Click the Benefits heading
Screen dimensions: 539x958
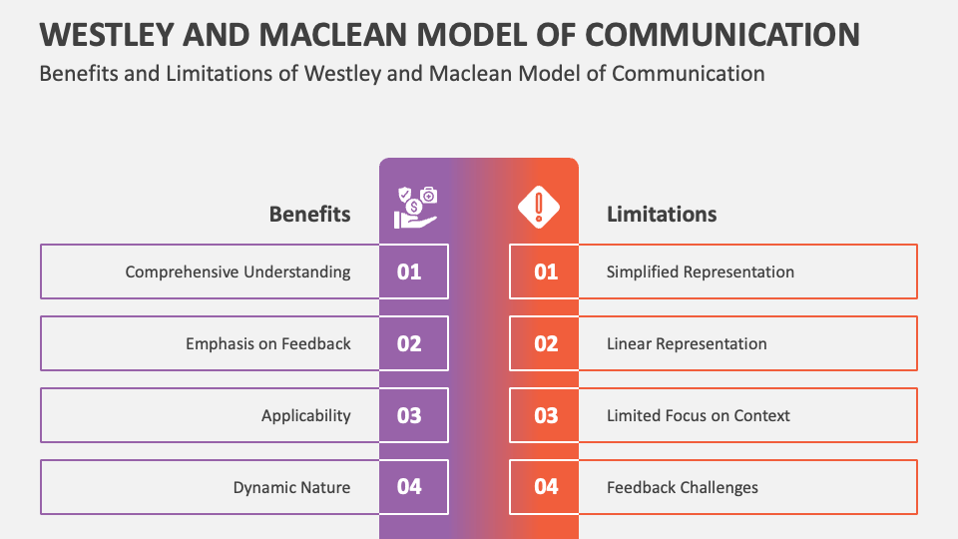309,214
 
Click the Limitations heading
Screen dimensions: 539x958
662,214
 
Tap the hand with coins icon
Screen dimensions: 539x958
415,207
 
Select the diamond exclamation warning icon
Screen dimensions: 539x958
539,207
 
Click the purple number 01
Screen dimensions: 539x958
409,271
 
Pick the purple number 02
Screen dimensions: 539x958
409,343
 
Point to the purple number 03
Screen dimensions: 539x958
409,415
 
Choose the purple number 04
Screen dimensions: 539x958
409,487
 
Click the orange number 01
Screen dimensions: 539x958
546,271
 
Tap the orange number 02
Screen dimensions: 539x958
546,343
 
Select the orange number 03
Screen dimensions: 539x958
546,415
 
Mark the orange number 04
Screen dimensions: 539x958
546,487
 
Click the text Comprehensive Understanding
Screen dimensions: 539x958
238,271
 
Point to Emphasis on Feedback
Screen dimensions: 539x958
267,343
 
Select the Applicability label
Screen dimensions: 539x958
305,415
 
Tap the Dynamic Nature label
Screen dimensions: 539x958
291,487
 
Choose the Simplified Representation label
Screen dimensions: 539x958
701,271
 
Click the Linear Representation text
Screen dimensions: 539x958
687,343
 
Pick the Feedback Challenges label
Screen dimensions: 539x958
683,487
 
